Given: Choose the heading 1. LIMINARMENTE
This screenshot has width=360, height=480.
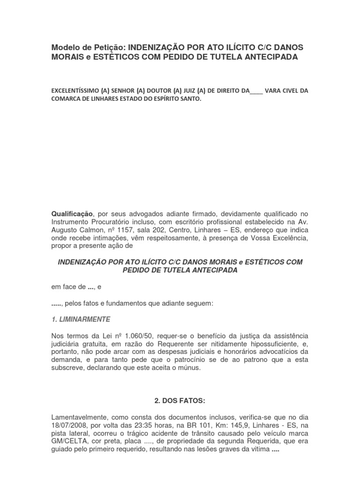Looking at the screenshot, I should tap(81, 319).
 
